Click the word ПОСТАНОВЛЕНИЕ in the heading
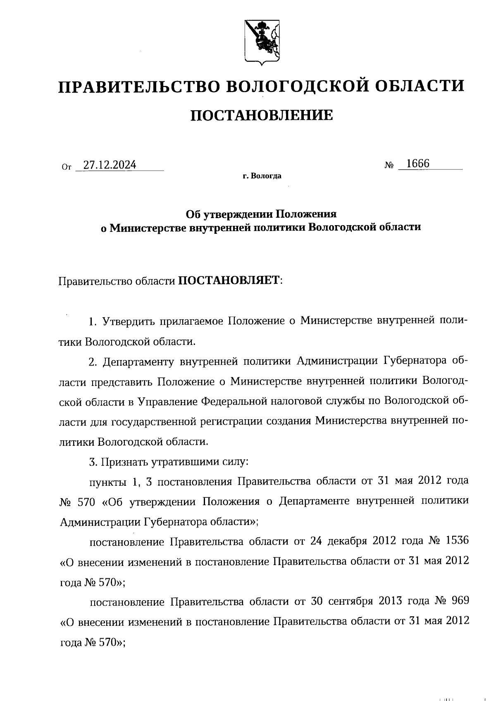tap(261, 115)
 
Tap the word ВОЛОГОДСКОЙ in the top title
tap(295, 86)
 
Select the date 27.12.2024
tap(110, 165)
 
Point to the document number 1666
tap(417, 164)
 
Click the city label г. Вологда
tap(262, 176)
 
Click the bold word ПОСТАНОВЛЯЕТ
tap(229, 281)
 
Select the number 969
tap(460, 601)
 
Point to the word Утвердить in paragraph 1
tap(128, 321)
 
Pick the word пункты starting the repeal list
tap(108, 482)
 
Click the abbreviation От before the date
tap(66, 167)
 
